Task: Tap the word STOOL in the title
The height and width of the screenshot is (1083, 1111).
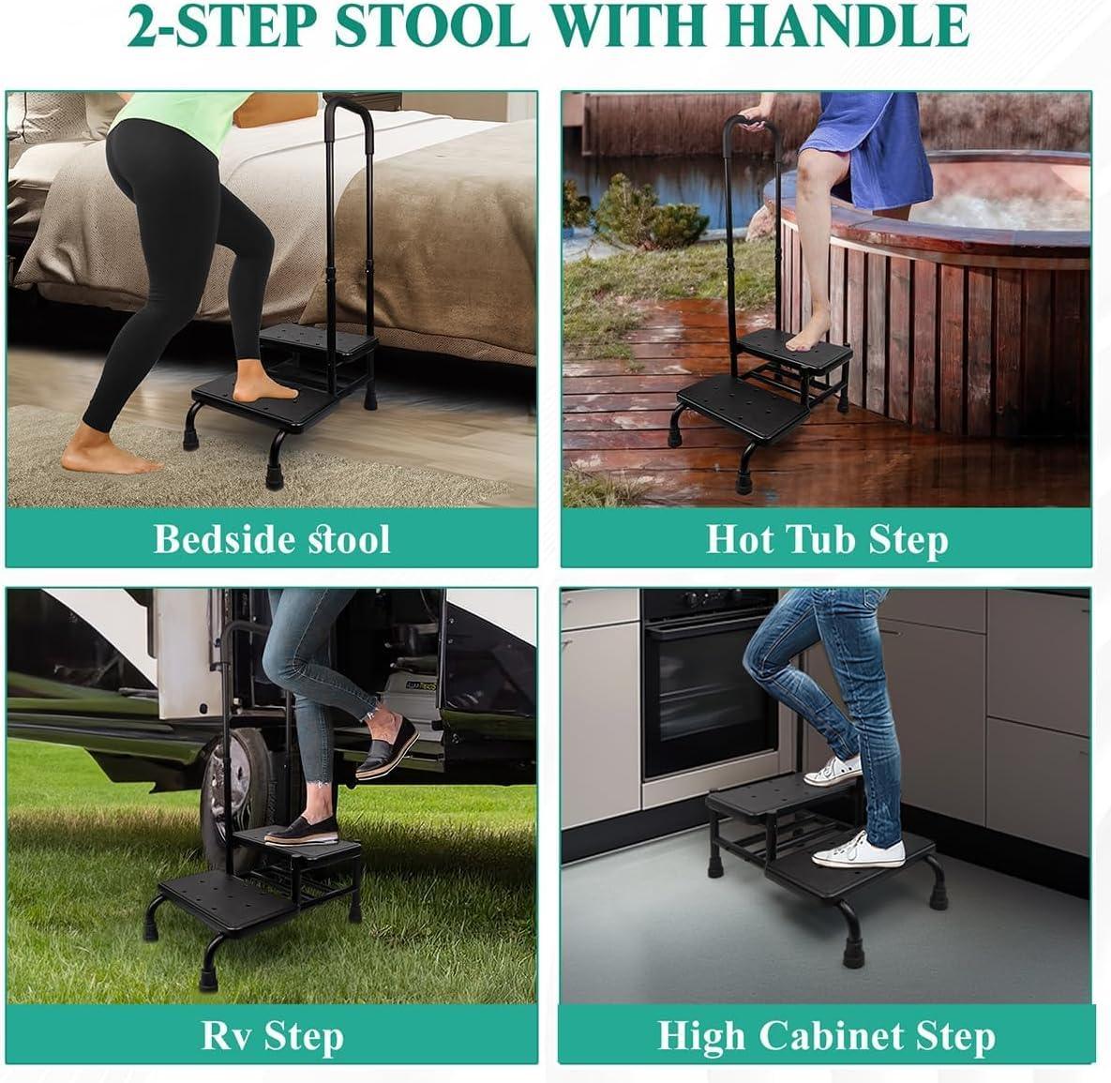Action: coord(431,25)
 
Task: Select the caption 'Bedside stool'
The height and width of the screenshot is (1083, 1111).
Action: coord(271,538)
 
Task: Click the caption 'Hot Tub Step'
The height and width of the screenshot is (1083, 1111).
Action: coord(827,540)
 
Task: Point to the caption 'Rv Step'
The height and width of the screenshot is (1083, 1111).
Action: coord(273,1036)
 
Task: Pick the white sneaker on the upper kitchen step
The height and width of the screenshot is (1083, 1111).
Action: coord(834,771)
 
